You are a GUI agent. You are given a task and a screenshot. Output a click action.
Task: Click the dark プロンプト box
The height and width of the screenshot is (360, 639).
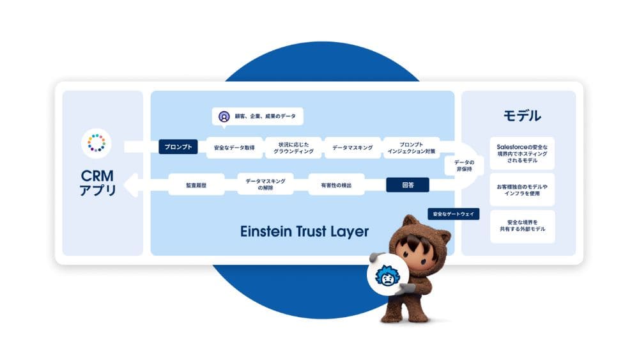pyautogui.click(x=178, y=147)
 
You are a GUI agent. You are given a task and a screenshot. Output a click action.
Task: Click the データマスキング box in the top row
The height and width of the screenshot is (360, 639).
pyautogui.click(x=352, y=148)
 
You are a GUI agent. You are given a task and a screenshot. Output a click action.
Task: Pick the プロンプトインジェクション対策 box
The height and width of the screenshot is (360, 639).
pyautogui.click(x=412, y=148)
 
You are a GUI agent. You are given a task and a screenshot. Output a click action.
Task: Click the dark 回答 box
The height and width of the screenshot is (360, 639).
pyautogui.click(x=408, y=185)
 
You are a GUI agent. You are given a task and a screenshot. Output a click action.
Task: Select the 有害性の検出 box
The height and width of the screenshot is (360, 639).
pyautogui.click(x=336, y=185)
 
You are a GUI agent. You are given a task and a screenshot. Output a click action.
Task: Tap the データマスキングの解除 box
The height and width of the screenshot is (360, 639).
pyautogui.click(x=265, y=185)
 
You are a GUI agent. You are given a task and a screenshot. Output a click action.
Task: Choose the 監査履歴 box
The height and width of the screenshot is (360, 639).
pyautogui.click(x=196, y=185)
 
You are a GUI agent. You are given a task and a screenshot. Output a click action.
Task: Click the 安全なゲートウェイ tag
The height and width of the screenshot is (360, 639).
pyautogui.click(x=453, y=214)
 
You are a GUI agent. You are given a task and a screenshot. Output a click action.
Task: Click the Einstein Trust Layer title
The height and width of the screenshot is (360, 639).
pyautogui.click(x=304, y=231)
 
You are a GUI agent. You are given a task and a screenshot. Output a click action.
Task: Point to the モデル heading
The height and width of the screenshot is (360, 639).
pyautogui.click(x=522, y=116)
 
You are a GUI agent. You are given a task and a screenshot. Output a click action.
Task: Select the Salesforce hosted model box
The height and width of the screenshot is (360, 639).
pyautogui.click(x=522, y=153)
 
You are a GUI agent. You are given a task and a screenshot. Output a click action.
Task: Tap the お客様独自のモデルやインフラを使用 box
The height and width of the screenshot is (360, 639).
pyautogui.click(x=522, y=190)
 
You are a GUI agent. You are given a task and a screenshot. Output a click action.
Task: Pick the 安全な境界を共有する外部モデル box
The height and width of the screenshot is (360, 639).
pyautogui.click(x=522, y=226)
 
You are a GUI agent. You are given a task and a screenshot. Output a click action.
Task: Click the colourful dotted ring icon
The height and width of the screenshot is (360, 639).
pyautogui.click(x=96, y=143)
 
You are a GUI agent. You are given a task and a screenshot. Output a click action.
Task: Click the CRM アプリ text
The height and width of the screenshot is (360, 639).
pyautogui.click(x=97, y=182)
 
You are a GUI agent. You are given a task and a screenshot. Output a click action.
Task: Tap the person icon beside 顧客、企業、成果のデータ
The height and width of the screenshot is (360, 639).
pyautogui.click(x=224, y=116)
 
